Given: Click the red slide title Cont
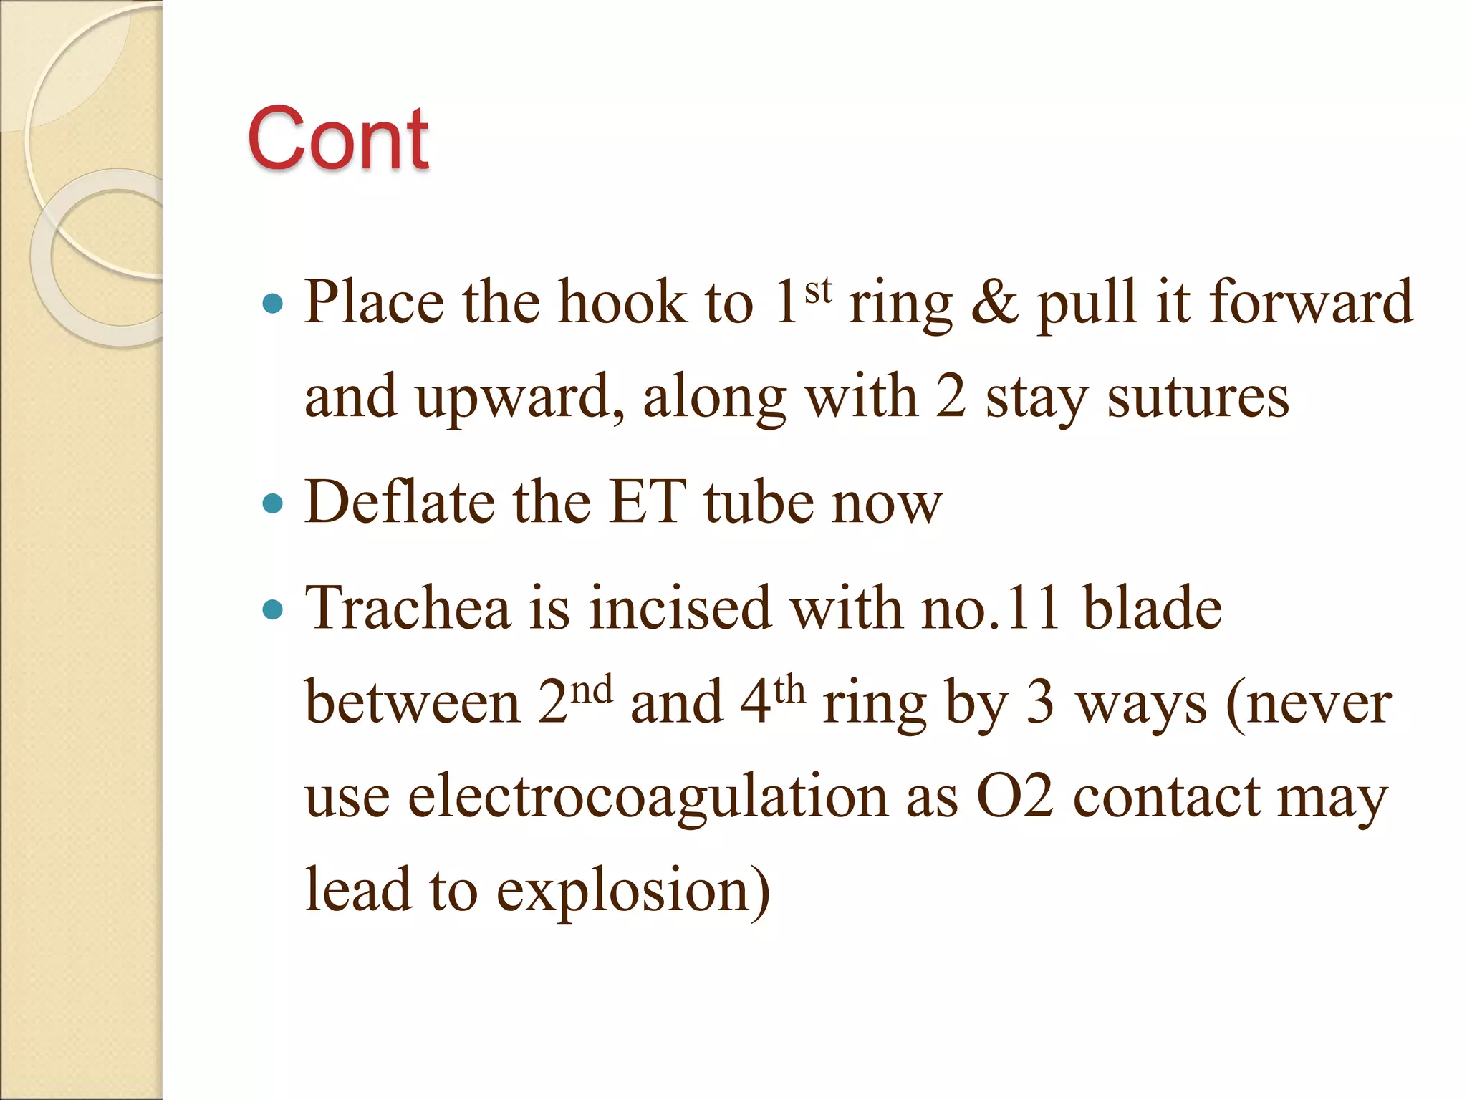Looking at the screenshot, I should tap(338, 138).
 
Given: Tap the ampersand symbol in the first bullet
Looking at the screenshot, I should tap(994, 303).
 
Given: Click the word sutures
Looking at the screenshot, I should tap(1198, 397).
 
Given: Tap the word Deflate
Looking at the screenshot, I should tap(399, 502).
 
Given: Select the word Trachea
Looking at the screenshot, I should tap(407, 609).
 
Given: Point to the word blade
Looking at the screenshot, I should tap(1152, 609).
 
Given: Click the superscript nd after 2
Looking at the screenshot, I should tap(593, 690).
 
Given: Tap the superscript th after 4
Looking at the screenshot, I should tap(789, 690).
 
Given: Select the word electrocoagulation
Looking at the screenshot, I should tap(648, 797).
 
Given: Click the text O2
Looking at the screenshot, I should tap(1015, 797).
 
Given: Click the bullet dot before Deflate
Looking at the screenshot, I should tap(273, 503).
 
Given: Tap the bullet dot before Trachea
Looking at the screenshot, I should tap(273, 609).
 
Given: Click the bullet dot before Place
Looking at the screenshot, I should tap(273, 304).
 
